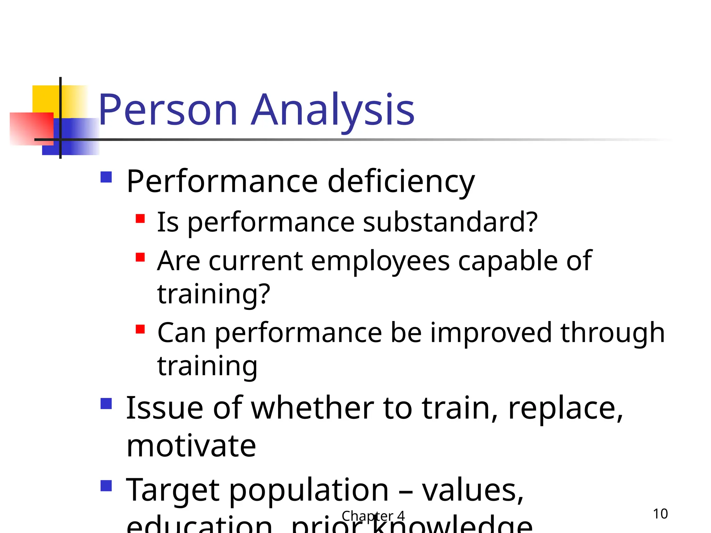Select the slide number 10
coord(660,514)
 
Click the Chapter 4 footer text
coord(373,516)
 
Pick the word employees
coord(380,261)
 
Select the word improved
coord(491,332)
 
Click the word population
coord(309,490)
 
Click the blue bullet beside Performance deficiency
coord(106,177)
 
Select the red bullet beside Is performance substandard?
coord(140,219)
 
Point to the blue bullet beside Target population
coord(106,486)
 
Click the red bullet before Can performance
coord(140,329)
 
